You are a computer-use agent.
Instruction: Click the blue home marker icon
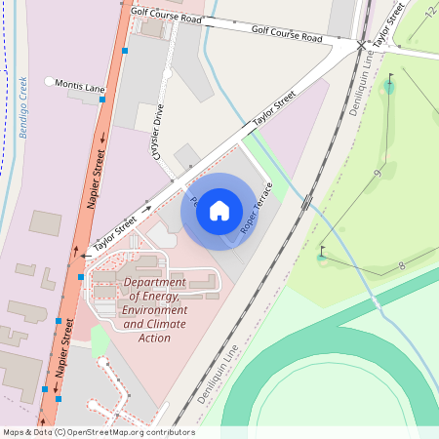(219, 209)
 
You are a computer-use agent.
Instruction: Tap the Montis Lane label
(80, 87)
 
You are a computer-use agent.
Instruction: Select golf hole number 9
(377, 174)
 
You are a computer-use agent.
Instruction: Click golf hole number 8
(401, 265)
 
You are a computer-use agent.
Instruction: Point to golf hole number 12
(429, 12)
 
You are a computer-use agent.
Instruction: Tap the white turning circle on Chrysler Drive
(168, 73)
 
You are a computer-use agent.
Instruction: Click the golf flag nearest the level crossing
(390, 82)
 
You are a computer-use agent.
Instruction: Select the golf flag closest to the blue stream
(322, 256)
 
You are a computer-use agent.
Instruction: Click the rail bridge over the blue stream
(306, 203)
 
